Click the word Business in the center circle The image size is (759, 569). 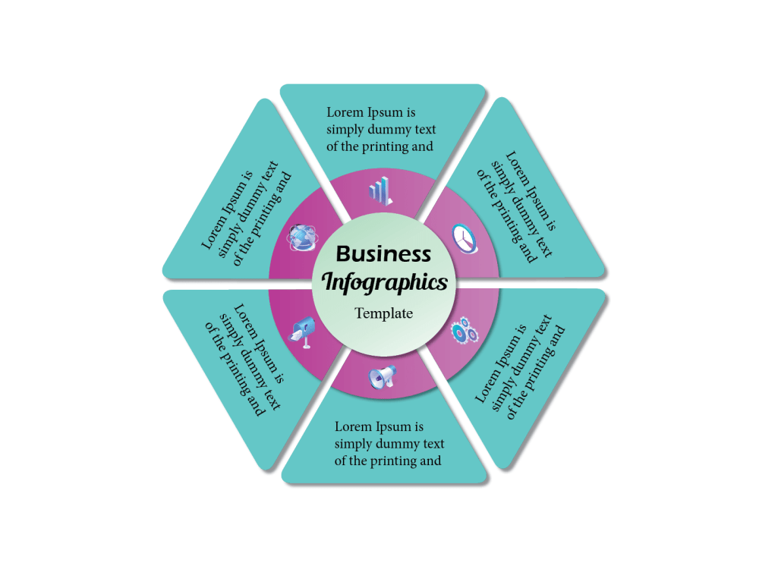[383, 254]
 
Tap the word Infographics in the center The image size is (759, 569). [384, 282]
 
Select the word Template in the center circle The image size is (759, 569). [384, 313]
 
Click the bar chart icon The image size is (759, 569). [380, 190]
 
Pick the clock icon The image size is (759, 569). [465, 238]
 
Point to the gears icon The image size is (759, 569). [465, 331]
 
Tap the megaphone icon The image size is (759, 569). [383, 377]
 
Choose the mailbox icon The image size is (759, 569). [303, 332]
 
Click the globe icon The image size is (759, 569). [303, 237]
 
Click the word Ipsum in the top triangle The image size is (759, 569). [385, 113]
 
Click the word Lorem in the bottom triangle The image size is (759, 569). [354, 426]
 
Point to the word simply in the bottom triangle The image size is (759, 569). [353, 444]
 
